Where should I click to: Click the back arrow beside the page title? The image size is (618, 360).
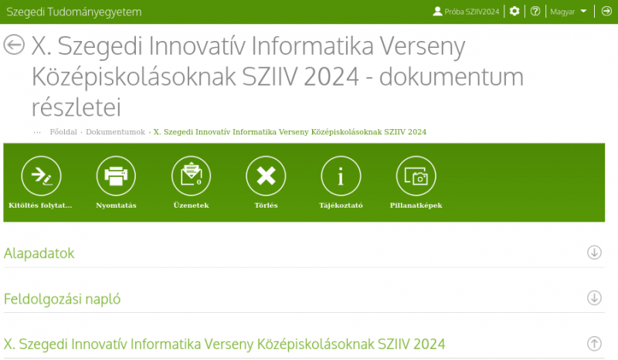coord(14,45)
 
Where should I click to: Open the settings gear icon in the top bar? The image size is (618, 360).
coord(514,12)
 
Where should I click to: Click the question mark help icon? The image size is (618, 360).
coord(535,12)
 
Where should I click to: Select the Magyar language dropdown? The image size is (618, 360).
coord(569,12)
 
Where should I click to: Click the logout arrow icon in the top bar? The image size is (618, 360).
coord(606,12)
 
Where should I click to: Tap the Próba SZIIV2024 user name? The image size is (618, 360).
coord(472,12)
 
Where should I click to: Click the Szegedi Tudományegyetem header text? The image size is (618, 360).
coord(74,12)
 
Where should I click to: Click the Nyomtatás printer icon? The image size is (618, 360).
coord(116,176)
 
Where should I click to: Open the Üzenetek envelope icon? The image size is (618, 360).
coord(191,176)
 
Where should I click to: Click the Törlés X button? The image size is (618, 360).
coord(266,176)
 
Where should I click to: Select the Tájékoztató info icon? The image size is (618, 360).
coord(341,176)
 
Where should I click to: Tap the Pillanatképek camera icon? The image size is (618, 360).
coord(416,176)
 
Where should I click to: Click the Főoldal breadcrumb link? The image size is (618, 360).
coord(63,131)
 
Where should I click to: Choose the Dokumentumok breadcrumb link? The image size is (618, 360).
coord(115,131)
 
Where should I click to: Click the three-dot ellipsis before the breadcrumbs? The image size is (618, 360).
coord(37,132)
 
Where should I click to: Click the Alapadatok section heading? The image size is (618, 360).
coord(39,253)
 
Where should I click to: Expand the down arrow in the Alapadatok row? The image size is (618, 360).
coord(594,253)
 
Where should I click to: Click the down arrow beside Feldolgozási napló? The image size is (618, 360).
coord(594,297)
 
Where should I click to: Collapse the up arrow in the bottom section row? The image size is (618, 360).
coord(594,344)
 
